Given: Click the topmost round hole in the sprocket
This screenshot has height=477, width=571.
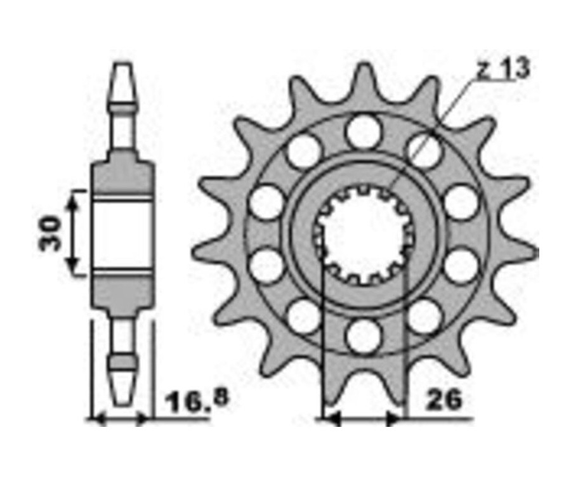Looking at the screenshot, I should [363, 131].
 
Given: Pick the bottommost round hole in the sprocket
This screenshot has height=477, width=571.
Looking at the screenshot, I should [363, 334].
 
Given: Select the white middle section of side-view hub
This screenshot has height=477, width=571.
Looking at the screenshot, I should [122, 234].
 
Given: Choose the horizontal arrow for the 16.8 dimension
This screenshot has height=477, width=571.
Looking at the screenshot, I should [121, 419].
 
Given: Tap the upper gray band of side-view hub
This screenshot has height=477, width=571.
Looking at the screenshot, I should [122, 181].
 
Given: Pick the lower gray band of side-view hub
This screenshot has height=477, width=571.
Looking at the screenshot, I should [122, 289].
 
